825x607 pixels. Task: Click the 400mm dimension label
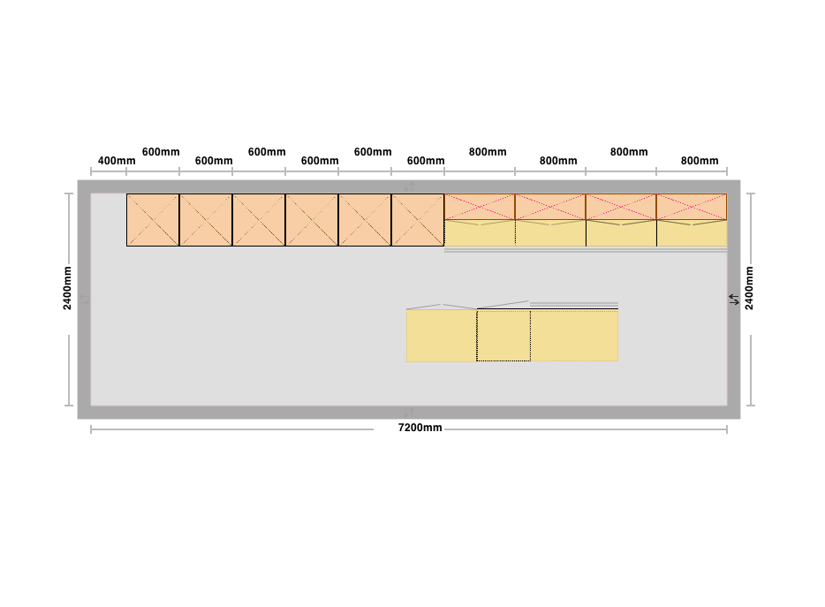(x=117, y=161)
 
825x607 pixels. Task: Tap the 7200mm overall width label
(x=420, y=428)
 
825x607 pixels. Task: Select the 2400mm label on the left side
(x=67, y=288)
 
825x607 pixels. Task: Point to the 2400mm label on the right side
(x=749, y=288)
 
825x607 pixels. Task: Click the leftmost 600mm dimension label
(x=161, y=152)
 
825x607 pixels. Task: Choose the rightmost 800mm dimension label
(x=700, y=161)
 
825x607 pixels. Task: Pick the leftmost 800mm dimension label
(x=488, y=152)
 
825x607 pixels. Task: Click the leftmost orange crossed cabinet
(x=153, y=220)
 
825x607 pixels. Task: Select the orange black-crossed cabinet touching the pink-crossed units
(x=418, y=220)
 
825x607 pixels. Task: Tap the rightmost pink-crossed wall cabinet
(x=692, y=207)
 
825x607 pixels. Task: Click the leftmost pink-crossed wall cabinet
(x=480, y=207)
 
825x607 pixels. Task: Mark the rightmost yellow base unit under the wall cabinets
(x=692, y=233)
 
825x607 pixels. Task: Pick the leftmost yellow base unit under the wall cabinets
(x=480, y=233)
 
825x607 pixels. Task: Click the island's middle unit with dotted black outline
(x=503, y=336)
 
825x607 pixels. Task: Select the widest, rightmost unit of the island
(x=574, y=336)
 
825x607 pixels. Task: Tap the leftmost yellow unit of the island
(x=442, y=336)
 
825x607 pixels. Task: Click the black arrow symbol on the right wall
(x=734, y=300)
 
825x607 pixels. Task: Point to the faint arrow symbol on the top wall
(x=409, y=186)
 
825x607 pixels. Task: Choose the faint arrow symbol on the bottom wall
(x=409, y=413)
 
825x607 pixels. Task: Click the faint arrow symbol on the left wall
(x=84, y=300)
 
